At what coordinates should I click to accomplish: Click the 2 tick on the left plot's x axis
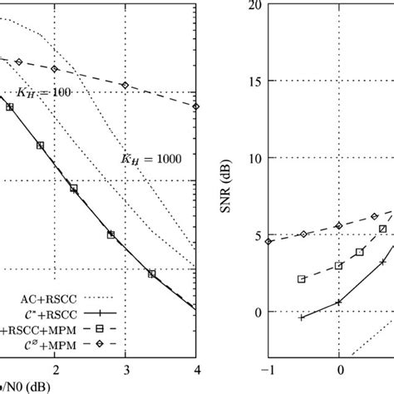(56, 368)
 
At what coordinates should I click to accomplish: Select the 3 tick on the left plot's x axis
(126, 368)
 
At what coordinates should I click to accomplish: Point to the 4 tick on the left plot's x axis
(196, 368)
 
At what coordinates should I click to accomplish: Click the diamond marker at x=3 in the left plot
(126, 86)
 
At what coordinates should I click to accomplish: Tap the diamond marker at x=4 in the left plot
(196, 106)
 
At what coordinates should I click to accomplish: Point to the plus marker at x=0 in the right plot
(339, 302)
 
